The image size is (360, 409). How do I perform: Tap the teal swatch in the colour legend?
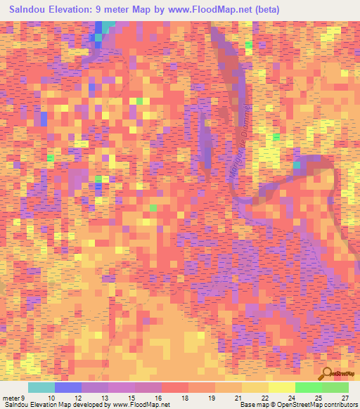[x=41, y=387]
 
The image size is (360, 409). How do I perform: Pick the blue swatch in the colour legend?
[x=68, y=387]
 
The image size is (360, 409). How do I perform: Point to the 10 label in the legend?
[x=51, y=397]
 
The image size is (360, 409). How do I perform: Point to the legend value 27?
[x=345, y=397]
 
